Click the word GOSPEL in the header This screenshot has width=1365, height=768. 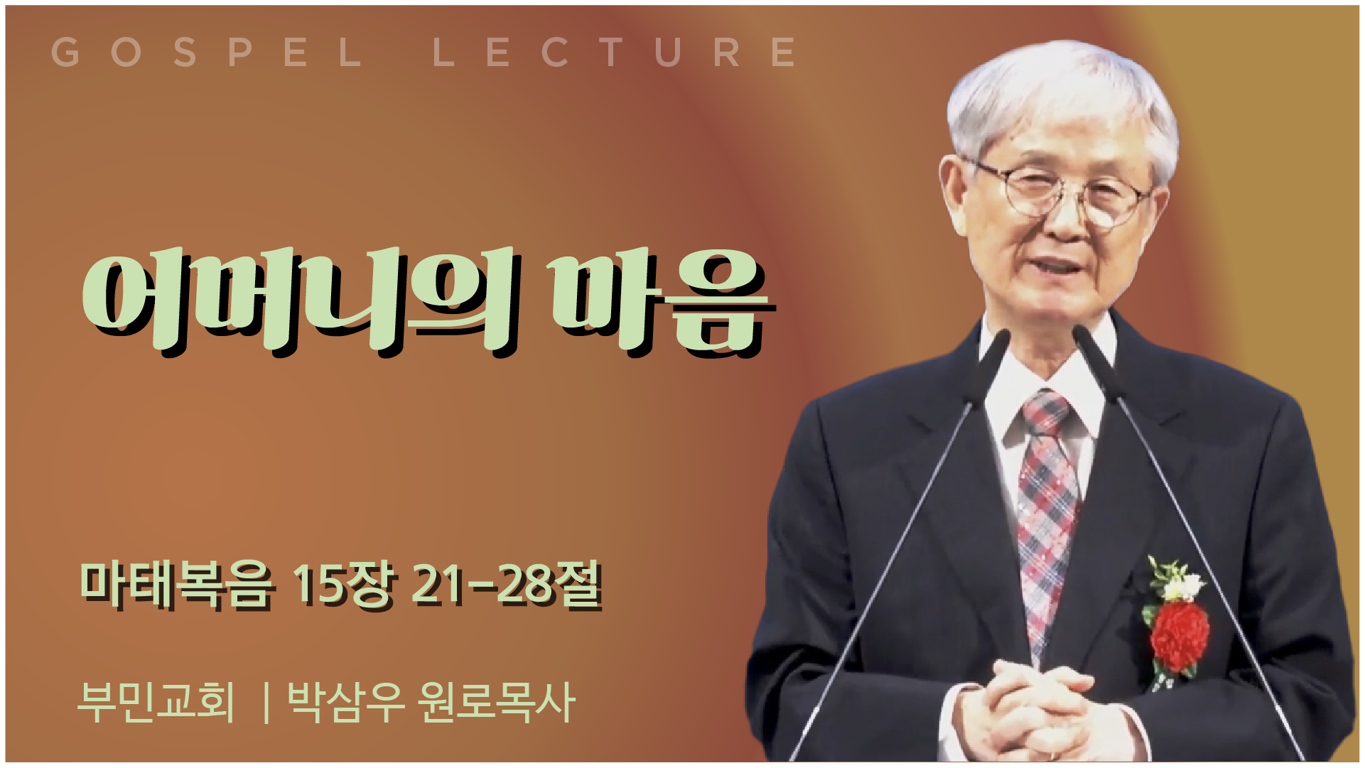(207, 52)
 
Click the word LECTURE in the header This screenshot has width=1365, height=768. (615, 52)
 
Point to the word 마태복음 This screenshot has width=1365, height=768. (176, 585)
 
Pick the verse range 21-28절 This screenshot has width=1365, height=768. (507, 585)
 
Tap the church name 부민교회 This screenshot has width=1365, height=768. (156, 702)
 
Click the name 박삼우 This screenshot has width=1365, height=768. (346, 702)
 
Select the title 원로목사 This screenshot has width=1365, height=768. (496, 702)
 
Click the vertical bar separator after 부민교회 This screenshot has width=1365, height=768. (266, 703)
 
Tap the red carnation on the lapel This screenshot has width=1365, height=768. (1179, 634)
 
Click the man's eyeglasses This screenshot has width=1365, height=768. (1062, 190)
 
